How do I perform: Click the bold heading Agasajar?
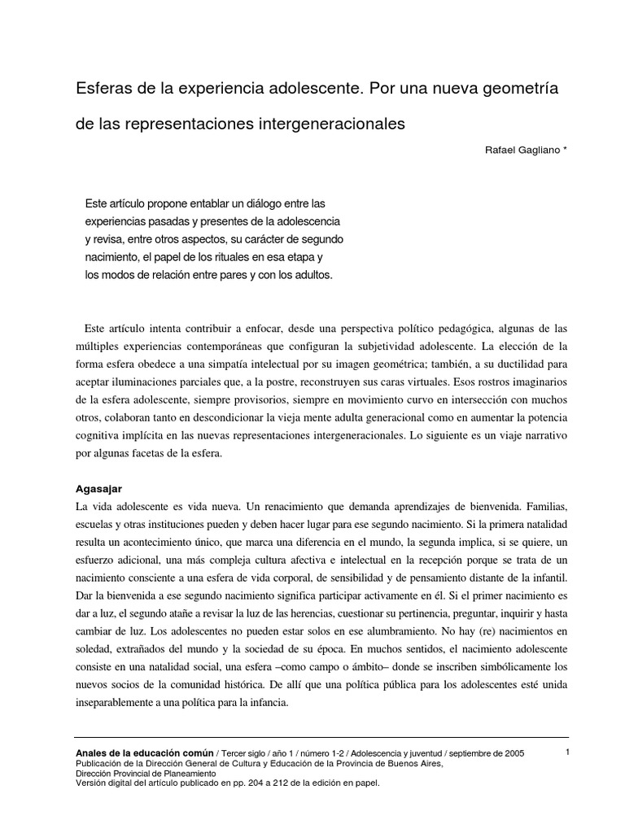click(x=98, y=489)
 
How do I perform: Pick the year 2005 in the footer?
click(x=511, y=755)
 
